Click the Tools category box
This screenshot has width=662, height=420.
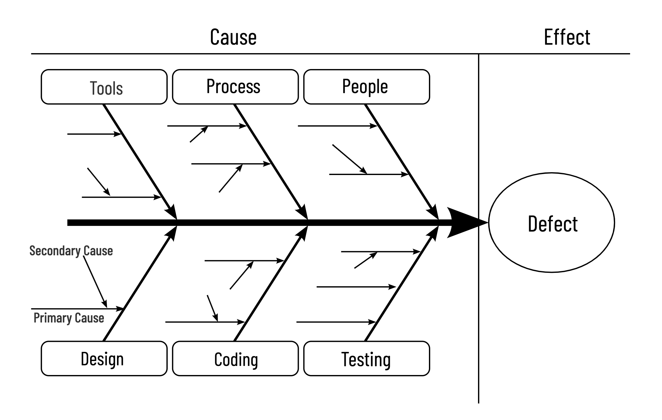(104, 87)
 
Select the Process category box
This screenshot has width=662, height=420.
(235, 87)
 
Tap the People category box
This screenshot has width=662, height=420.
(366, 87)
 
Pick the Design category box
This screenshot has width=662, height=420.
(104, 358)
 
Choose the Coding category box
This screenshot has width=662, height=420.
(235, 358)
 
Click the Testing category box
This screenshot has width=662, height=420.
(366, 358)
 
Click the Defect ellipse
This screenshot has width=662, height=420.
(551, 222)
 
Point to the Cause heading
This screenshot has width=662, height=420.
(233, 37)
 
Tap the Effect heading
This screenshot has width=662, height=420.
(567, 37)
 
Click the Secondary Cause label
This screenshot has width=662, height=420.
(71, 251)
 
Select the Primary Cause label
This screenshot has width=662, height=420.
(69, 318)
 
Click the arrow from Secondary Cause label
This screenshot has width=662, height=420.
(95, 281)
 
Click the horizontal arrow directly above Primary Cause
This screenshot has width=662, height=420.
(77, 309)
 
